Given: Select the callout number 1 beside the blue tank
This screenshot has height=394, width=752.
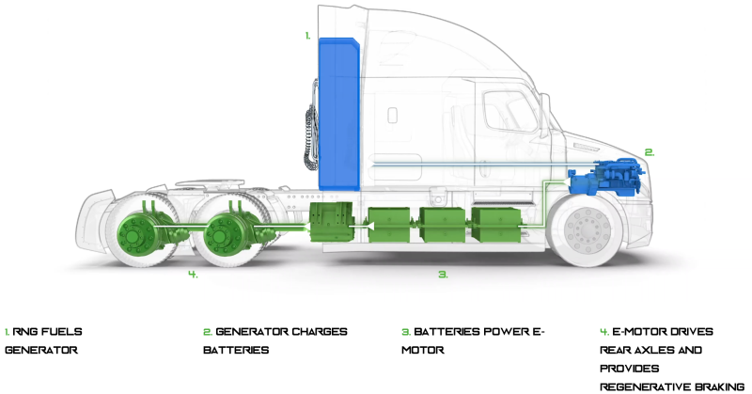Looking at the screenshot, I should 307,35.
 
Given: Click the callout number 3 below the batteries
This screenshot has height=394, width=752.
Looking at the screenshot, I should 443,275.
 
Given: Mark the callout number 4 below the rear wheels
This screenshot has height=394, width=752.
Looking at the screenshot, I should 192,275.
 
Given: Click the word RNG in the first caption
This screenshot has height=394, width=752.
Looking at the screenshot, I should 27,332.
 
